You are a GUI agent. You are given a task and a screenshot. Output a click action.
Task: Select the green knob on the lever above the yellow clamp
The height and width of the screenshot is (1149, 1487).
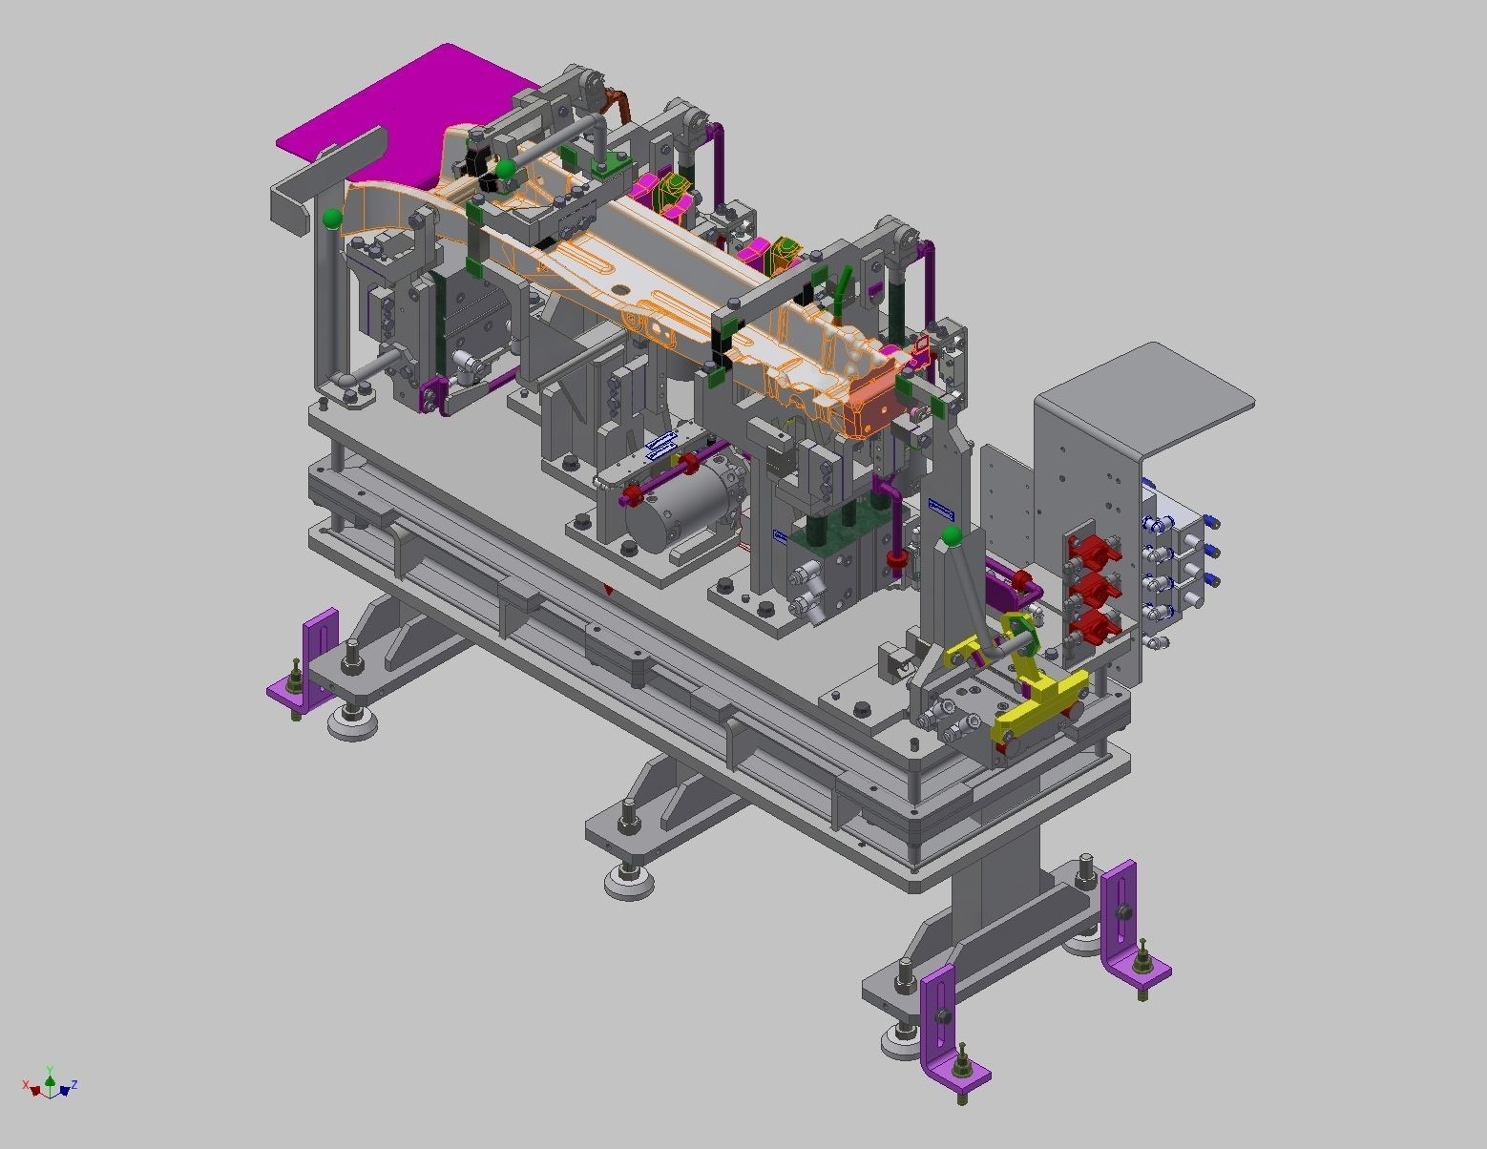pos(951,537)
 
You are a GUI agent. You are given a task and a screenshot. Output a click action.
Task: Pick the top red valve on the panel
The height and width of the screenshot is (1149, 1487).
pos(1091,551)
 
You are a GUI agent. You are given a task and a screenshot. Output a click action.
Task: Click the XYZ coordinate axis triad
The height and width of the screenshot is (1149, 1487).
pos(50,1084)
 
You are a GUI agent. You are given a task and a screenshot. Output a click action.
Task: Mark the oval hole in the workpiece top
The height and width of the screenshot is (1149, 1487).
pos(621,287)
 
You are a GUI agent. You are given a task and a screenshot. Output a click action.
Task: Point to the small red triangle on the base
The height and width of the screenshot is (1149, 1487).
pos(609,591)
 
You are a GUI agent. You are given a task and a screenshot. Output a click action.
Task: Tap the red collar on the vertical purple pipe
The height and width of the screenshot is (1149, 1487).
pos(895,557)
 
